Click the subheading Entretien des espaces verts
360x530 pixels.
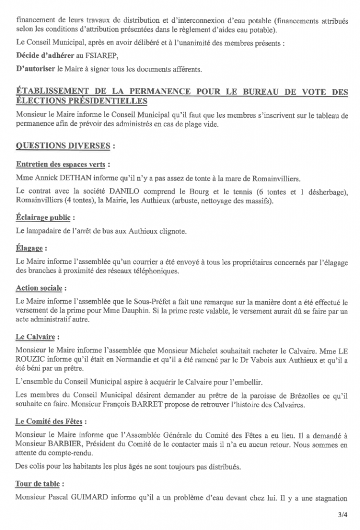click(x=61, y=165)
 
